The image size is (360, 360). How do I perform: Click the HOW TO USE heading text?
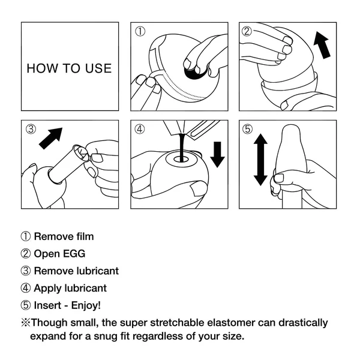coord(69,68)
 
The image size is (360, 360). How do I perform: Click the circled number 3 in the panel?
coord(31,130)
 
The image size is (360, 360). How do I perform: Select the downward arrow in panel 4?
coord(217,153)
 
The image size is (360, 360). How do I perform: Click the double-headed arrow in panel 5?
coord(260,160)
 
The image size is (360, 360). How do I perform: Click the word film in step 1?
coord(83,236)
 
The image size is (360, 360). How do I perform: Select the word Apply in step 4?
coord(47,289)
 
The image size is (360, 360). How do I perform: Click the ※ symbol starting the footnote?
coord(25,323)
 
